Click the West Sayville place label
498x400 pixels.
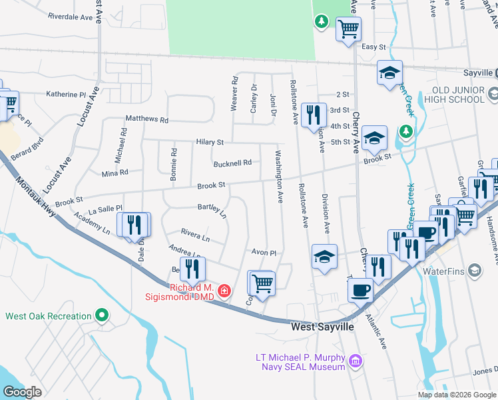[x=322, y=327]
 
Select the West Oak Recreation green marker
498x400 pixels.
[x=101, y=315]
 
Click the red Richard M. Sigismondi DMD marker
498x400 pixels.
[x=225, y=291]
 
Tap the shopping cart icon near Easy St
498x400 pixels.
[x=348, y=30]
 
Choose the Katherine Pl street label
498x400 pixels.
[x=65, y=95]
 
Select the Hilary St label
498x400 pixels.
[x=210, y=142]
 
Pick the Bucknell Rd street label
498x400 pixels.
[x=232, y=163]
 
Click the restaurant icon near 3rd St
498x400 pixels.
[x=312, y=115]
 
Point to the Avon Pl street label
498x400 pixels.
[x=264, y=253]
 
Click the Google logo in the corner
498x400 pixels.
[x=22, y=392]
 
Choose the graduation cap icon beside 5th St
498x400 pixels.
[x=375, y=138]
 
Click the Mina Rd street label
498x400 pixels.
[x=115, y=173]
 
